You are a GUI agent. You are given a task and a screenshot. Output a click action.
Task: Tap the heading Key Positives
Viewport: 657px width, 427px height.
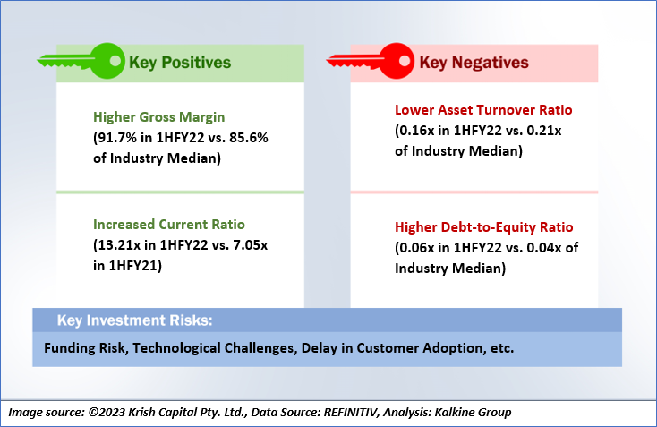(180, 63)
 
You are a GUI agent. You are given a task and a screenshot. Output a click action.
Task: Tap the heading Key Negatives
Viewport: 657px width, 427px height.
(474, 63)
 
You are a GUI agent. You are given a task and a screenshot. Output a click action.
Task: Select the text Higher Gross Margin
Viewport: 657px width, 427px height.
(158, 117)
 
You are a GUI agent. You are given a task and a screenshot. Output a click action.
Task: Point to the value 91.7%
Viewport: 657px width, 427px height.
(116, 138)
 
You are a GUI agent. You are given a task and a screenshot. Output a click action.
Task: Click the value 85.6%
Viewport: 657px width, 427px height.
(249, 138)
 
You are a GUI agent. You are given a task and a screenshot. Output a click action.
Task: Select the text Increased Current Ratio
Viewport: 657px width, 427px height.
(169, 224)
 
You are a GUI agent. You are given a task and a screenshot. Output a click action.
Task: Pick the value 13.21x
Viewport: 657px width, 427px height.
(118, 244)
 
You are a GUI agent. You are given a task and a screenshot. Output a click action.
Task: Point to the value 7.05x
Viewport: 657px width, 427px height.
(250, 244)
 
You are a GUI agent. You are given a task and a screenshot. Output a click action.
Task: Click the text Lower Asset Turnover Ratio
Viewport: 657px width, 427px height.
(483, 110)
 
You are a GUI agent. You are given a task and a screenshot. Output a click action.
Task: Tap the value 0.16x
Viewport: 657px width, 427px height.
(416, 131)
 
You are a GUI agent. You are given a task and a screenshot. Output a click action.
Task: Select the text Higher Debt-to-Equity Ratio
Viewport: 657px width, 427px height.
(484, 227)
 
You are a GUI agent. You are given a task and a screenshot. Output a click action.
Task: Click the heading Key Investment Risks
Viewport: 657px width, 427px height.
(135, 320)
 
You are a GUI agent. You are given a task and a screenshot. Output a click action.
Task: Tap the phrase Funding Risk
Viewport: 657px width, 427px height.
(85, 348)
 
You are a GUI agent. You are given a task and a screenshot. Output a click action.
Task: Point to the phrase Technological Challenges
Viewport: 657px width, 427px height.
(214, 348)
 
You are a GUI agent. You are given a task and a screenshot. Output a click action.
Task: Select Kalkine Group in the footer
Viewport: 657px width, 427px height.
(473, 413)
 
